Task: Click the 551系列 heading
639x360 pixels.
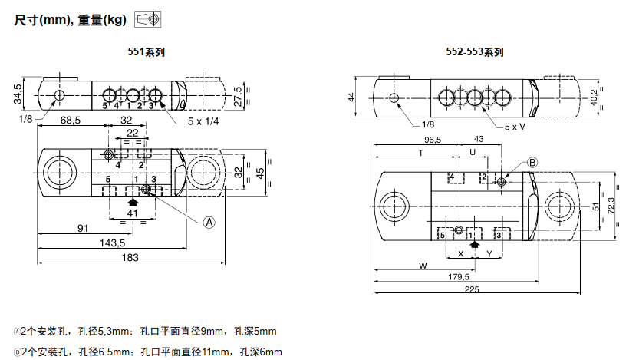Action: point(146,53)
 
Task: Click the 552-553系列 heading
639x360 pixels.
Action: point(475,53)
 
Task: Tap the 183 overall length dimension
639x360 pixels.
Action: point(130,258)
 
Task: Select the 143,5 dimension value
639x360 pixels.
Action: point(112,243)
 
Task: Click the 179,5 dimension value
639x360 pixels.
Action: point(459,276)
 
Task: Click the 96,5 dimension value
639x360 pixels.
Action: point(433,140)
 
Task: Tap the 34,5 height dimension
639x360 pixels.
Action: point(17,94)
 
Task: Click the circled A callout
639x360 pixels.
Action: point(208,222)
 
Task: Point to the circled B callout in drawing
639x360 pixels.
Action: point(533,162)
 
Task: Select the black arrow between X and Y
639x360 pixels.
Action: point(475,245)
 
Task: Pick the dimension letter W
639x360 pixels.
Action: point(422,266)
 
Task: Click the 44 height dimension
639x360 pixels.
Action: point(351,97)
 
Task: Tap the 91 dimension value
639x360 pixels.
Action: point(81,228)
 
